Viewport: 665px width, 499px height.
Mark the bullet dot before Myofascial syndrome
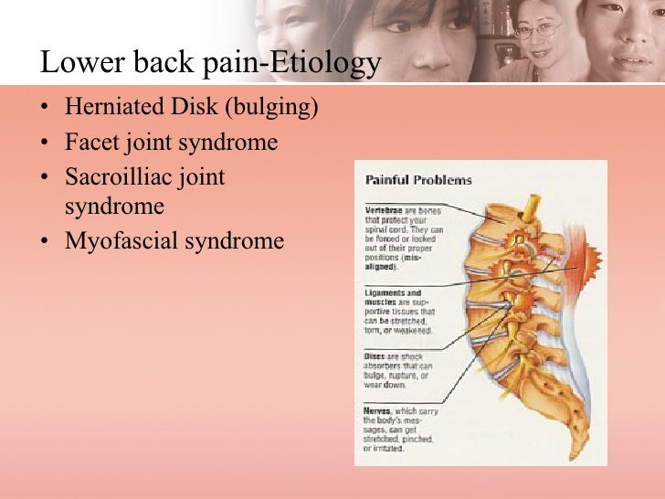pos(47,242)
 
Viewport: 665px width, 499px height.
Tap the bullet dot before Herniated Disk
pos(47,108)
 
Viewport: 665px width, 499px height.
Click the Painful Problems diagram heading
pos(418,180)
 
